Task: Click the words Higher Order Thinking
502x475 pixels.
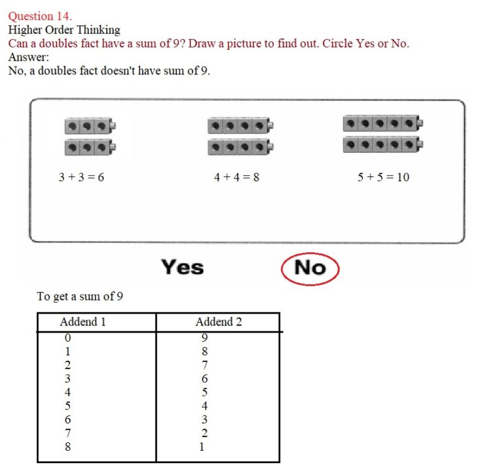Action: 64,30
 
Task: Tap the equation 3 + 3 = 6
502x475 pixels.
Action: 82,177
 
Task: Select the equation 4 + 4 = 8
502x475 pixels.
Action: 237,177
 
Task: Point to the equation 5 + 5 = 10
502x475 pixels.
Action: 384,177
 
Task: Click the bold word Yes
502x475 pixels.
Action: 182,267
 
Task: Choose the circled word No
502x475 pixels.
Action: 310,267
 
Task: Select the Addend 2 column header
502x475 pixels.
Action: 218,322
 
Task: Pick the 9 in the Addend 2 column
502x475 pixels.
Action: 205,338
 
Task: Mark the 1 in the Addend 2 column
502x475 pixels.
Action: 202,448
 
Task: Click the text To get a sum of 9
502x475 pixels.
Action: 80,297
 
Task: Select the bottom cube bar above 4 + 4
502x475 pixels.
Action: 240,148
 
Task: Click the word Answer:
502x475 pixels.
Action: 29,57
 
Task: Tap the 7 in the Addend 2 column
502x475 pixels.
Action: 205,365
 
